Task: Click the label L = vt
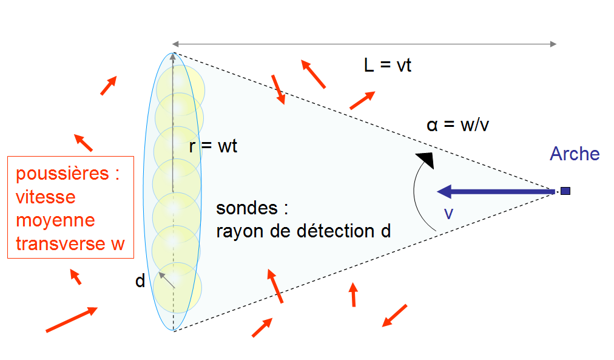388,65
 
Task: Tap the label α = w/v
457,126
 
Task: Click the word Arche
575,154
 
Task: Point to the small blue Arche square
565,191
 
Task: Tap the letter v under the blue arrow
448,213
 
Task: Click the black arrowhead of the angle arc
427,160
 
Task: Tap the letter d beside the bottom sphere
140,281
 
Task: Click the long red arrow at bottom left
72,319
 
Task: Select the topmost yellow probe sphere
180,87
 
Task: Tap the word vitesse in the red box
46,197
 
